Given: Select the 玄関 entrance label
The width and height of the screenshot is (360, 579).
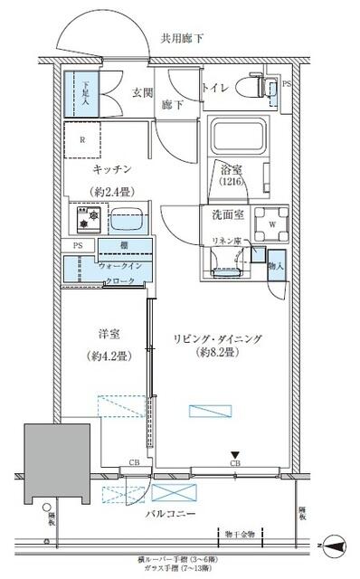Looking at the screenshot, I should coord(142,91).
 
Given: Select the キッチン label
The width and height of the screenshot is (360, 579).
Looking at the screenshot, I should coord(112,170).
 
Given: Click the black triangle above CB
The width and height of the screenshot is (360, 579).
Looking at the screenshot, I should coord(233,455).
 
